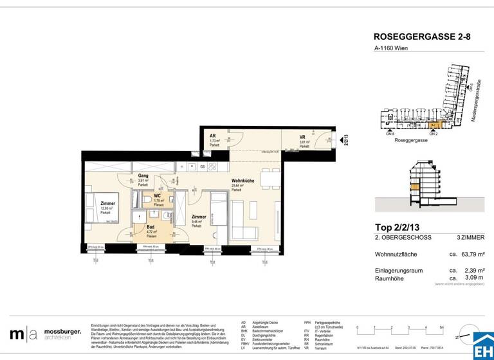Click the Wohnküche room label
point(241,182)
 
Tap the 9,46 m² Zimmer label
point(199,217)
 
